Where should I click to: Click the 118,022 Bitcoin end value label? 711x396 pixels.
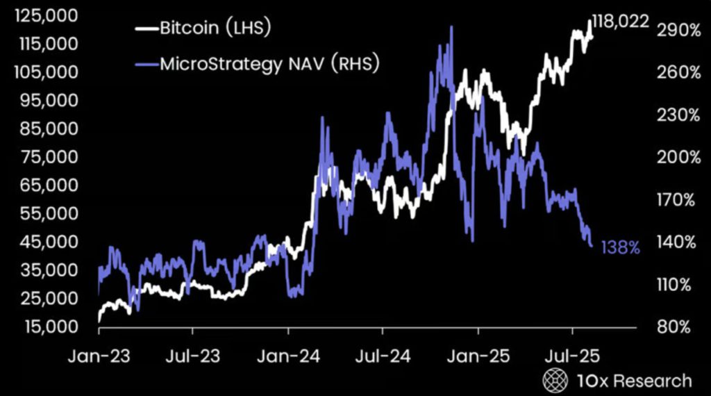click(620, 22)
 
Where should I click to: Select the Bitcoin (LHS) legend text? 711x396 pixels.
click(215, 28)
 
